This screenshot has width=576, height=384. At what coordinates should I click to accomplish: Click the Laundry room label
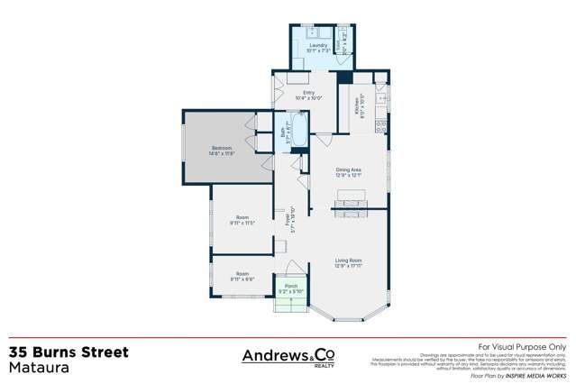(318, 47)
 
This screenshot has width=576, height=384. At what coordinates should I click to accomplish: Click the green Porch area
(291, 291)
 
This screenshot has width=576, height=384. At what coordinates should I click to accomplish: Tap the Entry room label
(308, 94)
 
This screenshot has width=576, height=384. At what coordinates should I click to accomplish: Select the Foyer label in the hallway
(288, 219)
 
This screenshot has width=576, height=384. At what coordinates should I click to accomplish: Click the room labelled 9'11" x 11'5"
(242, 219)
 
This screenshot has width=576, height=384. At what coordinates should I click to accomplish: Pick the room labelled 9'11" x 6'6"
(242, 276)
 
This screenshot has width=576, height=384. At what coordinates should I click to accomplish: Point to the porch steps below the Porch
(291, 308)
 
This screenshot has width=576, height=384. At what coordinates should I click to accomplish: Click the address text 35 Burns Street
(69, 352)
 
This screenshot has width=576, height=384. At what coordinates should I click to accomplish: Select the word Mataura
(36, 368)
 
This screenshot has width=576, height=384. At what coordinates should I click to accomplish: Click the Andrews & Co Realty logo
(288, 357)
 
